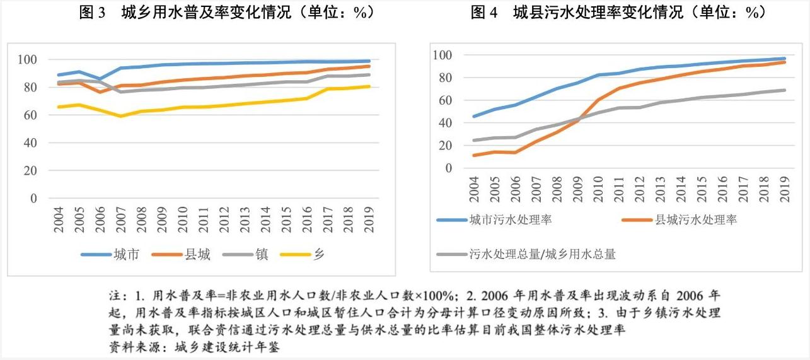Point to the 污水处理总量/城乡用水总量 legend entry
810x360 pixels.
click(542, 254)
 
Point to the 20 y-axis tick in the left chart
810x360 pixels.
click(31, 171)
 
